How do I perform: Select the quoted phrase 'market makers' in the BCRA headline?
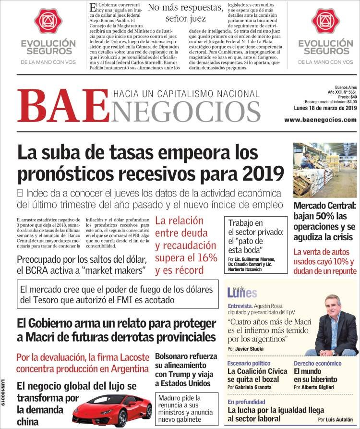pos(114,270)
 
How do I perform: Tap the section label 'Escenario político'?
pos(249,363)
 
